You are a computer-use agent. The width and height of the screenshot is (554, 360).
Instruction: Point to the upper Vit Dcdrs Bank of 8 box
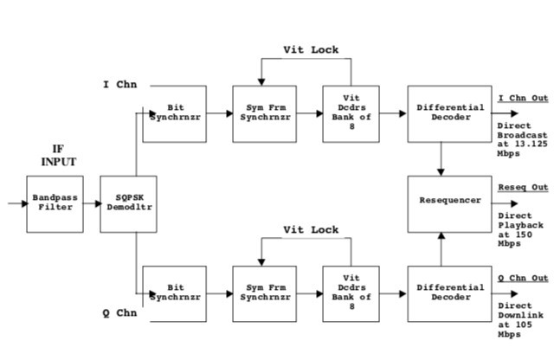click(350, 114)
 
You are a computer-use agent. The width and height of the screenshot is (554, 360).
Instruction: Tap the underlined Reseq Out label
click(522, 186)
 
